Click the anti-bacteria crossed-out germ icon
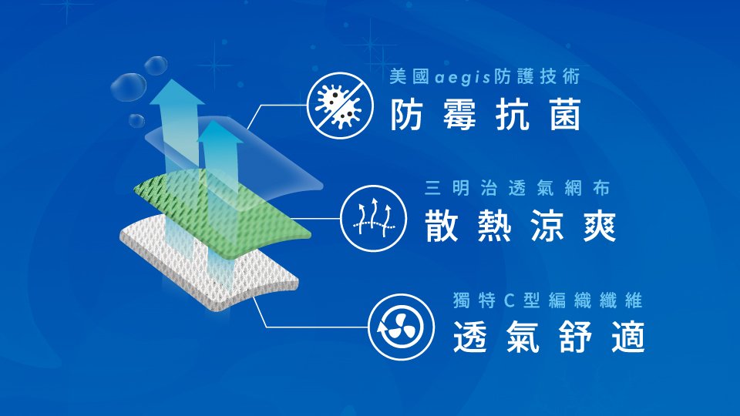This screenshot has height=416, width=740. [x=340, y=106]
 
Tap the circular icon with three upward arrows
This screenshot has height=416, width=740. [x=373, y=218]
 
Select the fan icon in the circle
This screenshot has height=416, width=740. [x=401, y=327]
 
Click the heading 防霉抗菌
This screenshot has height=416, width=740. [x=486, y=115]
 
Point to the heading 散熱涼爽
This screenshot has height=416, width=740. [x=520, y=226]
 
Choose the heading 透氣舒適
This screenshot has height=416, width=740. [x=549, y=337]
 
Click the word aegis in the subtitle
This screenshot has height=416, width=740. [x=462, y=77]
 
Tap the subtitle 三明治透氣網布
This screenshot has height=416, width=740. [x=517, y=188]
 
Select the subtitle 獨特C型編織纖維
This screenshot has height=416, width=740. [x=547, y=300]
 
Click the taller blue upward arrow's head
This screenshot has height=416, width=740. [x=177, y=92]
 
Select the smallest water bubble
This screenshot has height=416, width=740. [x=136, y=120]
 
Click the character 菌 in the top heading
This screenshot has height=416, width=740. [x=565, y=115]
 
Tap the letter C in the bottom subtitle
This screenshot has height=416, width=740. [x=509, y=300]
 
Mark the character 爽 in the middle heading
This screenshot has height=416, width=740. [x=600, y=226]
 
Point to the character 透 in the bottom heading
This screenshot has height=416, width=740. [x=469, y=337]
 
